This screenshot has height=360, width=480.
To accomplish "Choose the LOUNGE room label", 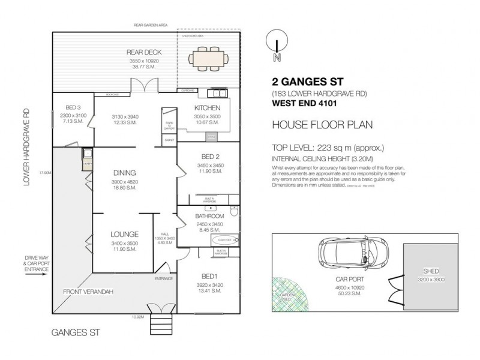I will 125,234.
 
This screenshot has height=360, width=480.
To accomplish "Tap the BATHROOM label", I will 210,216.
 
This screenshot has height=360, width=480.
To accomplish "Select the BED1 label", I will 209,275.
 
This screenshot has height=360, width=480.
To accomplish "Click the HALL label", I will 164,234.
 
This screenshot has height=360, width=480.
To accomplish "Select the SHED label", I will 431,271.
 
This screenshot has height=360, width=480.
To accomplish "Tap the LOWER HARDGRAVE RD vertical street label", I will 27,146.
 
